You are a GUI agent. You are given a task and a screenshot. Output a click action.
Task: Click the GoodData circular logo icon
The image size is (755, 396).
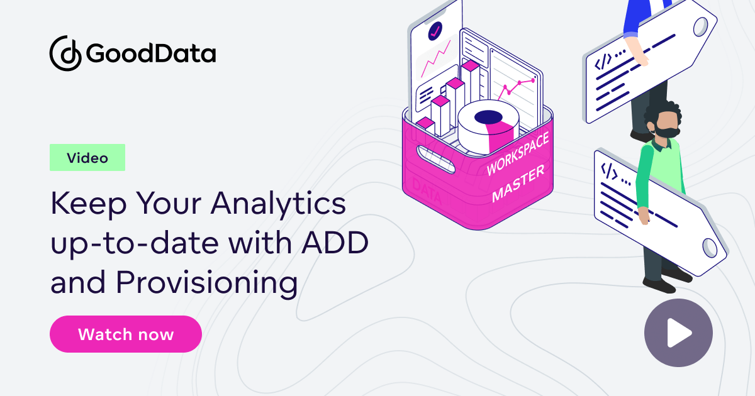[x=65, y=53]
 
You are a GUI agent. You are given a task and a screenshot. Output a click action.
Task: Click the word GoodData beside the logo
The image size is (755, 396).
[x=151, y=54]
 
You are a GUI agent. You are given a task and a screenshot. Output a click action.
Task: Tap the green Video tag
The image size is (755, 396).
[x=87, y=158]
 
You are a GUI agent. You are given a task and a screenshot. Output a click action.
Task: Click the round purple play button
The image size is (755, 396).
[x=678, y=333]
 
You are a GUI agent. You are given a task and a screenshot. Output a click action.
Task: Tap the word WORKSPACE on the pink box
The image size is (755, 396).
[x=518, y=153]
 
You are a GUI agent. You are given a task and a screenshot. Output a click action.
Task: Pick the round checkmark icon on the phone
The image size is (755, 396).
[x=435, y=30]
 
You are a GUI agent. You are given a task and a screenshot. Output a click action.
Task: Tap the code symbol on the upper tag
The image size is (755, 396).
[x=603, y=62]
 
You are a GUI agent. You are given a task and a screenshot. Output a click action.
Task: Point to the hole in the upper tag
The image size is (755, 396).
[x=702, y=26]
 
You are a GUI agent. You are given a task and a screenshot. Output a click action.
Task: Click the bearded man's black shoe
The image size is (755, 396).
[x=657, y=285]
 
